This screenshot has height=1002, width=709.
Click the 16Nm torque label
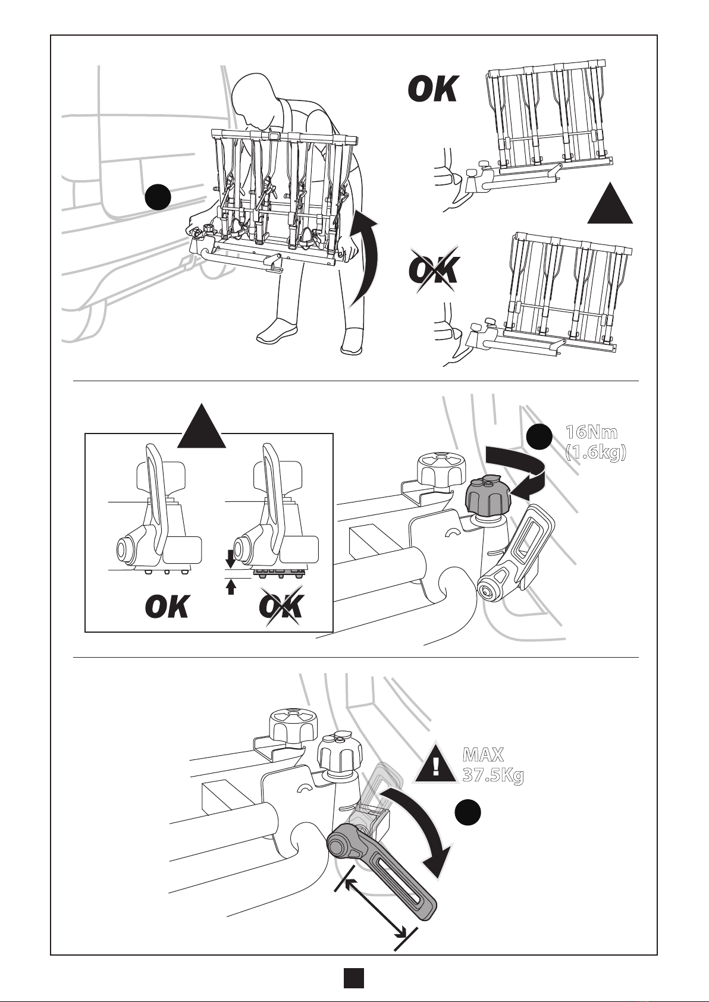click(591, 432)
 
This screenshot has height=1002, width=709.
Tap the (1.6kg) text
click(595, 453)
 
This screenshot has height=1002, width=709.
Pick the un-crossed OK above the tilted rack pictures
click(433, 89)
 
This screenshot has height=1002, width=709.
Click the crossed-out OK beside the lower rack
click(433, 270)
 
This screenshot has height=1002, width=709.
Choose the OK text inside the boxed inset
click(167, 607)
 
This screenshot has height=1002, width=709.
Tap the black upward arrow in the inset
click(230, 587)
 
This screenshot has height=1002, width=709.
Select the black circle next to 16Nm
click(538, 436)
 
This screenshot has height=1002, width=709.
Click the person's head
click(253, 99)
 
